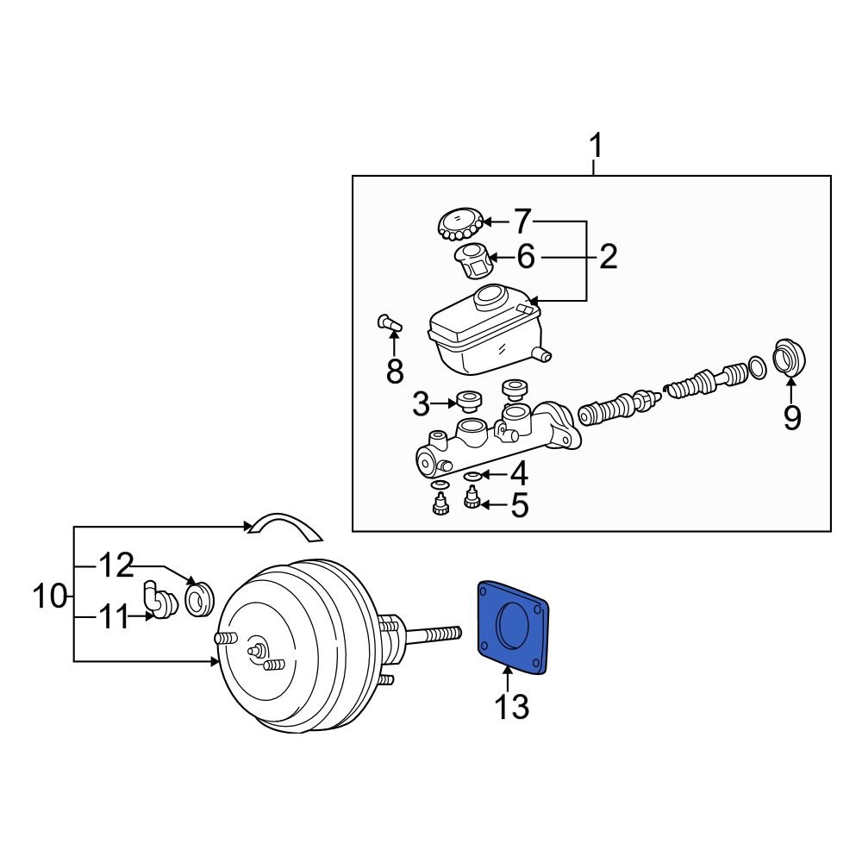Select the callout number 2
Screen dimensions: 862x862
coord(609,256)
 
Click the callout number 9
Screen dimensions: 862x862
coord(791,417)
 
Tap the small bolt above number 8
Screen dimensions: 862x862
coord(388,325)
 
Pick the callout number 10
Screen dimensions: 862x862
coord(50,595)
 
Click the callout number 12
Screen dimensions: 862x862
coord(116,565)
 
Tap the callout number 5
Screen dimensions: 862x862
coord(519,506)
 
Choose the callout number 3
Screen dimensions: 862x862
coord(421,403)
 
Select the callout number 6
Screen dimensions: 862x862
coord(525,256)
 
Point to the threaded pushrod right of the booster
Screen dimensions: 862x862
coord(435,636)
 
